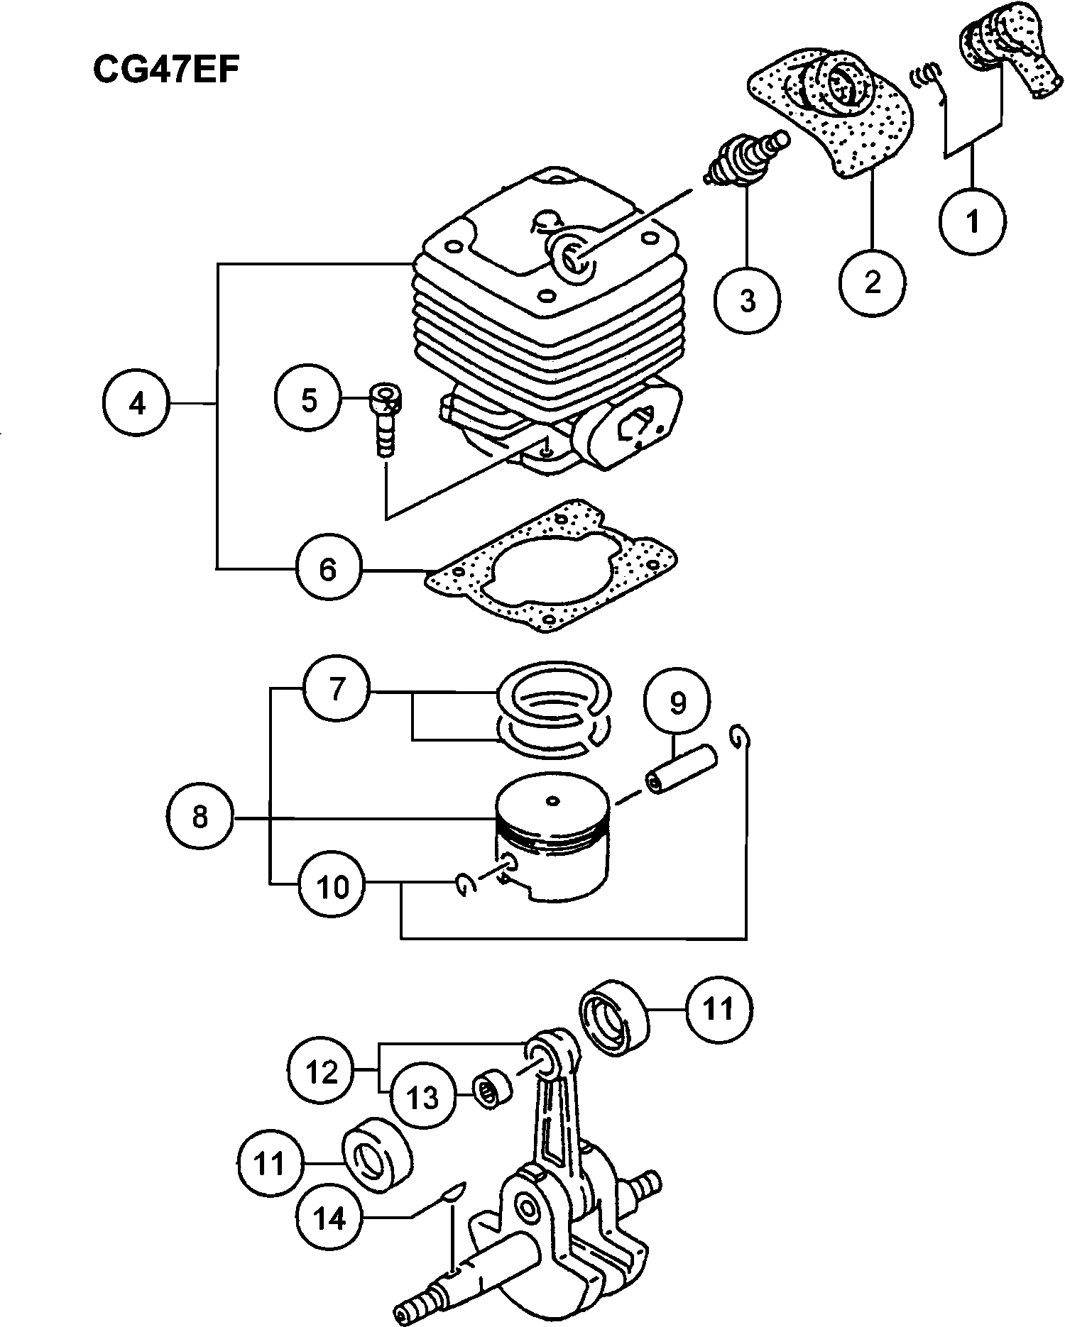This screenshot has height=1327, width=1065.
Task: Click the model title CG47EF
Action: click(166, 70)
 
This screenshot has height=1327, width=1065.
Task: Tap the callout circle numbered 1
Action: click(973, 220)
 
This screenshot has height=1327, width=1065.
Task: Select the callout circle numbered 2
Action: click(872, 281)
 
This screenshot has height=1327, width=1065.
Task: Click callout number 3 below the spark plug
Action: click(748, 300)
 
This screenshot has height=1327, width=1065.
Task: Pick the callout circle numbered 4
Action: click(136, 404)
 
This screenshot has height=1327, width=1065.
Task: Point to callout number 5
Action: click(309, 400)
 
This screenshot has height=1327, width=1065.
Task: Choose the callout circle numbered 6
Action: click(327, 568)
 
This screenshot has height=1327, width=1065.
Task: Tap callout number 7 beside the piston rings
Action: click(337, 689)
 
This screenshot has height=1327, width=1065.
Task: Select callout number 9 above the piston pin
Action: click(677, 703)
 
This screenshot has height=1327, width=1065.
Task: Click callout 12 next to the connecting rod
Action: click(322, 1072)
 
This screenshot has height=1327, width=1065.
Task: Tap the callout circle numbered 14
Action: click(329, 1218)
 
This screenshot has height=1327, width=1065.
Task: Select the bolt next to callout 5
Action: click(385, 422)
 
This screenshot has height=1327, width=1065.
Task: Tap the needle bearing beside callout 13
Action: click(493, 1089)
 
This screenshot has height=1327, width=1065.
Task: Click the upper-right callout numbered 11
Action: click(719, 1008)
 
